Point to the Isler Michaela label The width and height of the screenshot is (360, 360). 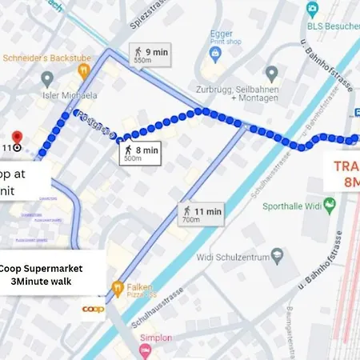(x=70, y=95)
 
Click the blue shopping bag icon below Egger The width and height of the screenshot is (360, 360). (x=214, y=54)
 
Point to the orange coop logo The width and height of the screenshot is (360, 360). (x=93, y=307)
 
